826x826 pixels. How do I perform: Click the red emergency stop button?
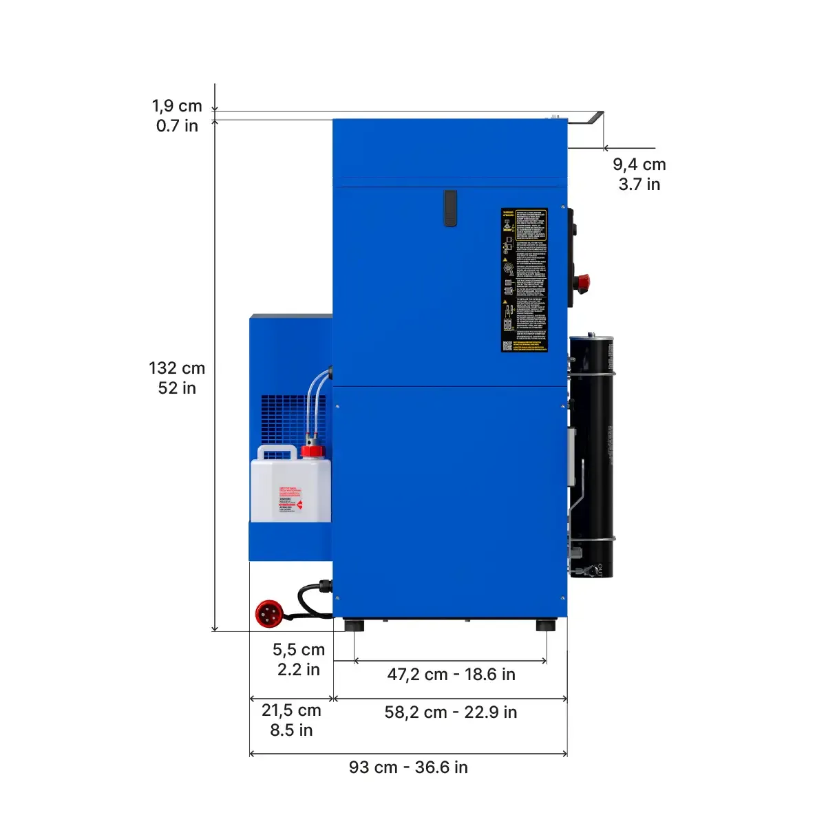582,281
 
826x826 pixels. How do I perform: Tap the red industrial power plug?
268,613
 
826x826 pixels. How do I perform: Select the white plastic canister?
289,489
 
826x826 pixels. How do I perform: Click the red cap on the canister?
313,452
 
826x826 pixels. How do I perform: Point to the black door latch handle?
450,208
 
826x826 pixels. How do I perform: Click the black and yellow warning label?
524,280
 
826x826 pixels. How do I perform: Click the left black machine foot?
354,626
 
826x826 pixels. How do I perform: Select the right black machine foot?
546,626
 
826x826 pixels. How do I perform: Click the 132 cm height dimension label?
177,378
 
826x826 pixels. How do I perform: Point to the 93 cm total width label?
408,767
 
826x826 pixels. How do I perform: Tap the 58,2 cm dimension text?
451,712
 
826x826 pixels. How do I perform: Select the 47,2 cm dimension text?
451,674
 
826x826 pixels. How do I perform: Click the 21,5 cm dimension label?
291,719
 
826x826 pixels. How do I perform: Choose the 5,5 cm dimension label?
298,659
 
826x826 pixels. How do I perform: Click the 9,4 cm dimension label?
639,174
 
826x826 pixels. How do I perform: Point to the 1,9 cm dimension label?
177,116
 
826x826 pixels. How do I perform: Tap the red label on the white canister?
290,500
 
